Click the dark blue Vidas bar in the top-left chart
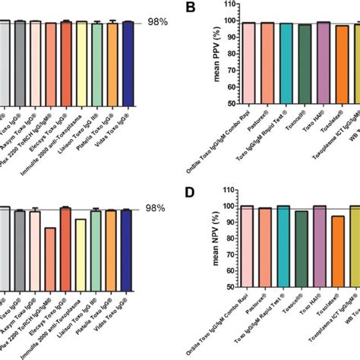point(128,61)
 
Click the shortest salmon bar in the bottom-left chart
point(50,247)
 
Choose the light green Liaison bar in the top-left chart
point(96,61)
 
